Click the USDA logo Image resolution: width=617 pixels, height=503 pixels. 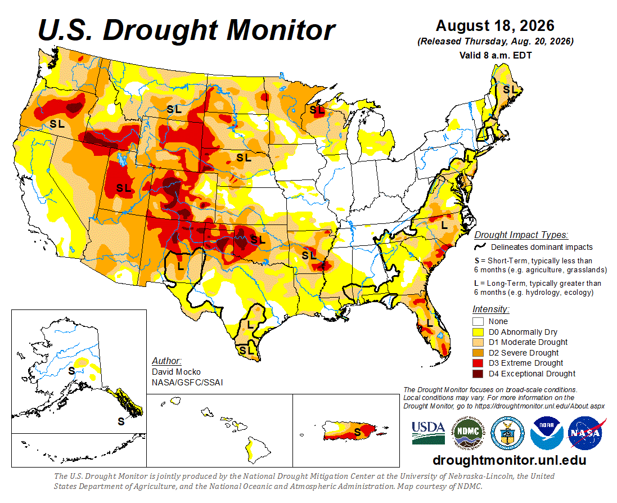click(429, 433)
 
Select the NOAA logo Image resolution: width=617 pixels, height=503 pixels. click(547, 433)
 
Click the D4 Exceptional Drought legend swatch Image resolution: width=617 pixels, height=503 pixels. click(478, 374)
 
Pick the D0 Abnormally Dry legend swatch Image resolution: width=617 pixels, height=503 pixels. click(478, 332)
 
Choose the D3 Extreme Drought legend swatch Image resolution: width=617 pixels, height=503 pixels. click(478, 363)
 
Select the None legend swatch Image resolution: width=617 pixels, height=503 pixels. click(478, 321)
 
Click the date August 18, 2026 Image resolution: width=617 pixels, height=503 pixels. click(495, 26)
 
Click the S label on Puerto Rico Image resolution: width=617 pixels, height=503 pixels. click(357, 432)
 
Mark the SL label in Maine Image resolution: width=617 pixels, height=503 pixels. click(510, 89)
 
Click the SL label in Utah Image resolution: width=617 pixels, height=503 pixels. click(124, 188)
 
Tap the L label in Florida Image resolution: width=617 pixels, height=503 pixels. click(430, 324)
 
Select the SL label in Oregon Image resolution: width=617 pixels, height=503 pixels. click(57, 124)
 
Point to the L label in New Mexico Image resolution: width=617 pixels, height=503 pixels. click(181, 266)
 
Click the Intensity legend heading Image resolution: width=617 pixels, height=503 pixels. click(490, 309)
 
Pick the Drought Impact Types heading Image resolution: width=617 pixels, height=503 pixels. click(521, 235)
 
